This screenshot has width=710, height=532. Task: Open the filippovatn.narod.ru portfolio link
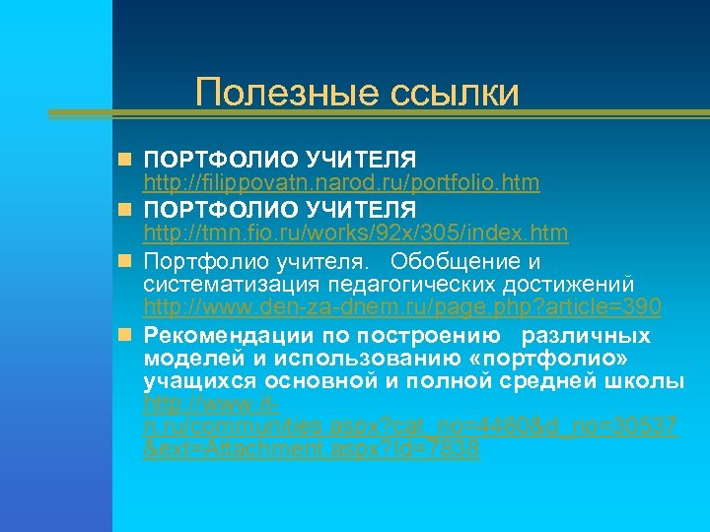(x=341, y=182)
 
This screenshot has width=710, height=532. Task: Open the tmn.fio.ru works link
(x=355, y=233)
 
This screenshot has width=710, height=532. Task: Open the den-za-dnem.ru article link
(x=402, y=307)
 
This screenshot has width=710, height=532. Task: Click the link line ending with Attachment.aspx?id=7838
(x=312, y=448)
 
